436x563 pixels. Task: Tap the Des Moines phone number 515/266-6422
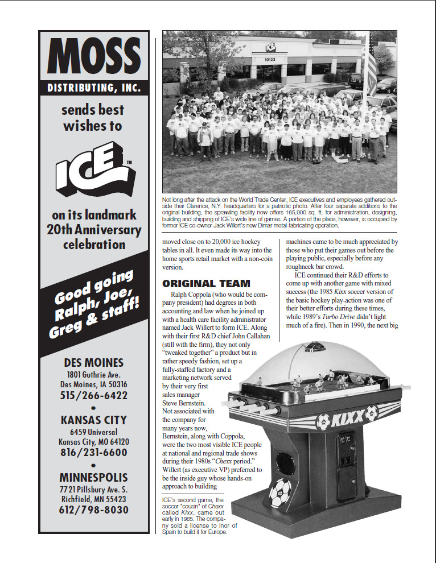(93, 395)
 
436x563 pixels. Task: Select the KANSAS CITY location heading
(93, 420)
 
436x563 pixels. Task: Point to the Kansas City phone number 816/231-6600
(93, 453)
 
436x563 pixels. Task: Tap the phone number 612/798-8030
(93, 510)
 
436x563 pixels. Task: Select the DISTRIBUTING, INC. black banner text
(93, 88)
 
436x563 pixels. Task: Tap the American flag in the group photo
(371, 68)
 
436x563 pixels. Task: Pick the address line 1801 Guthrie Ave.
(93, 375)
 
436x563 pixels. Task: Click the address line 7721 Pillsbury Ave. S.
(93, 489)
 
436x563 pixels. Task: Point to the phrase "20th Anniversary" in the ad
(93, 230)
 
